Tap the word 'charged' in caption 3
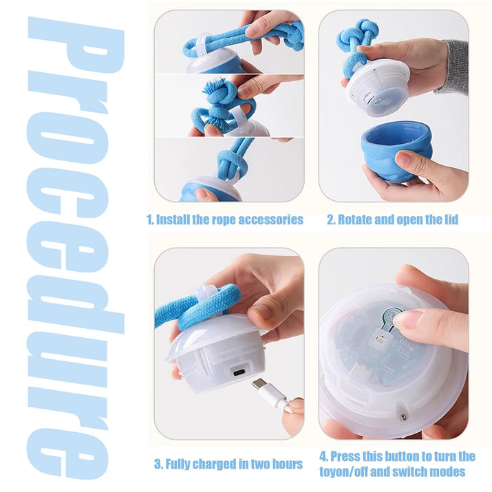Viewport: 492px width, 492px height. [207, 464]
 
